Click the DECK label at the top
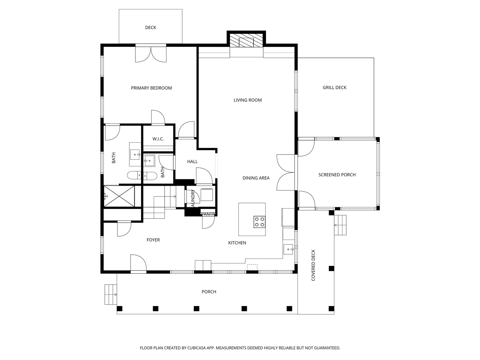(x=150, y=28)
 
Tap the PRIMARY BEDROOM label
(x=151, y=88)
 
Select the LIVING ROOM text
(x=247, y=100)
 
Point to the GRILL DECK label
(x=334, y=88)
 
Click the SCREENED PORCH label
(x=337, y=175)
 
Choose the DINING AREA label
(x=256, y=178)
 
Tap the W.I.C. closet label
(x=158, y=139)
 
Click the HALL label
(x=192, y=162)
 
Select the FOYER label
(x=153, y=240)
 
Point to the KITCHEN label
(x=237, y=243)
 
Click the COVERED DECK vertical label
(x=313, y=265)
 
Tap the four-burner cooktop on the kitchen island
(x=259, y=222)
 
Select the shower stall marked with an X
(x=119, y=196)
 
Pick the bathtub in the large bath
(x=142, y=175)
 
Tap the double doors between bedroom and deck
(x=151, y=54)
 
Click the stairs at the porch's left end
(x=111, y=294)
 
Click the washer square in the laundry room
(x=207, y=195)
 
